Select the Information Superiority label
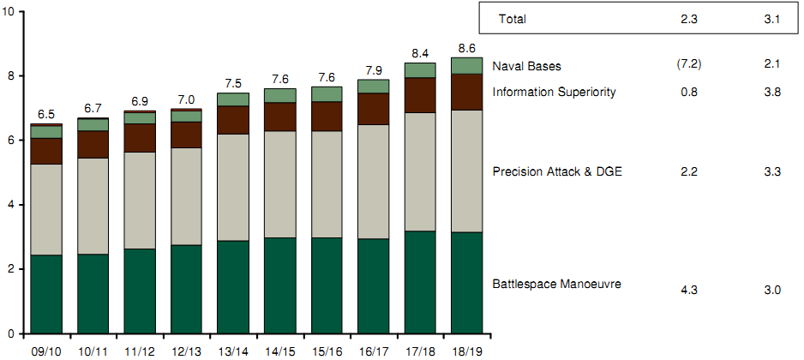click(554, 92)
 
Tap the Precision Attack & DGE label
click(557, 172)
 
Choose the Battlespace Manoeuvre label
click(556, 284)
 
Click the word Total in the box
click(513, 19)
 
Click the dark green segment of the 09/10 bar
click(45, 293)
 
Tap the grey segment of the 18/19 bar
click(467, 171)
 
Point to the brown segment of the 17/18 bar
click(420, 95)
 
